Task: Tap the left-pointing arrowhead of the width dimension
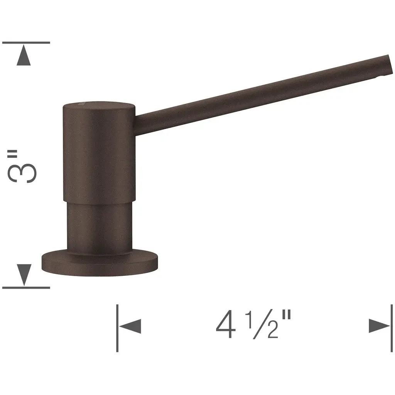click(x=130, y=326)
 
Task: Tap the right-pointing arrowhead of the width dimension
click(x=380, y=326)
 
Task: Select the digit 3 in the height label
click(x=22, y=173)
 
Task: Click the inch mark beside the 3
click(x=12, y=154)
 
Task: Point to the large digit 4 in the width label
click(x=226, y=324)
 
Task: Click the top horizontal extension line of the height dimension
click(x=26, y=42)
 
